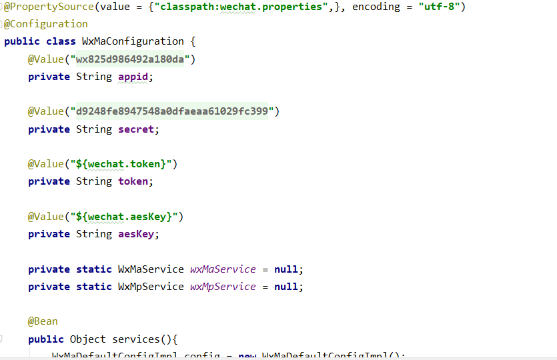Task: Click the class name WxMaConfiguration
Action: pyautogui.click(x=133, y=41)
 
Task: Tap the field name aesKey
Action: pyautogui.click(x=138, y=234)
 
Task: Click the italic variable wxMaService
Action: pyautogui.click(x=223, y=269)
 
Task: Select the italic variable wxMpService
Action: pyautogui.click(x=223, y=287)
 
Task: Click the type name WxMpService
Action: pyautogui.click(x=151, y=287)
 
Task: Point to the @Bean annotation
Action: pyautogui.click(x=43, y=321)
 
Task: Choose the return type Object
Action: pyautogui.click(x=87, y=339)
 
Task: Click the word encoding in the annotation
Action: pyautogui.click(x=376, y=7)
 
